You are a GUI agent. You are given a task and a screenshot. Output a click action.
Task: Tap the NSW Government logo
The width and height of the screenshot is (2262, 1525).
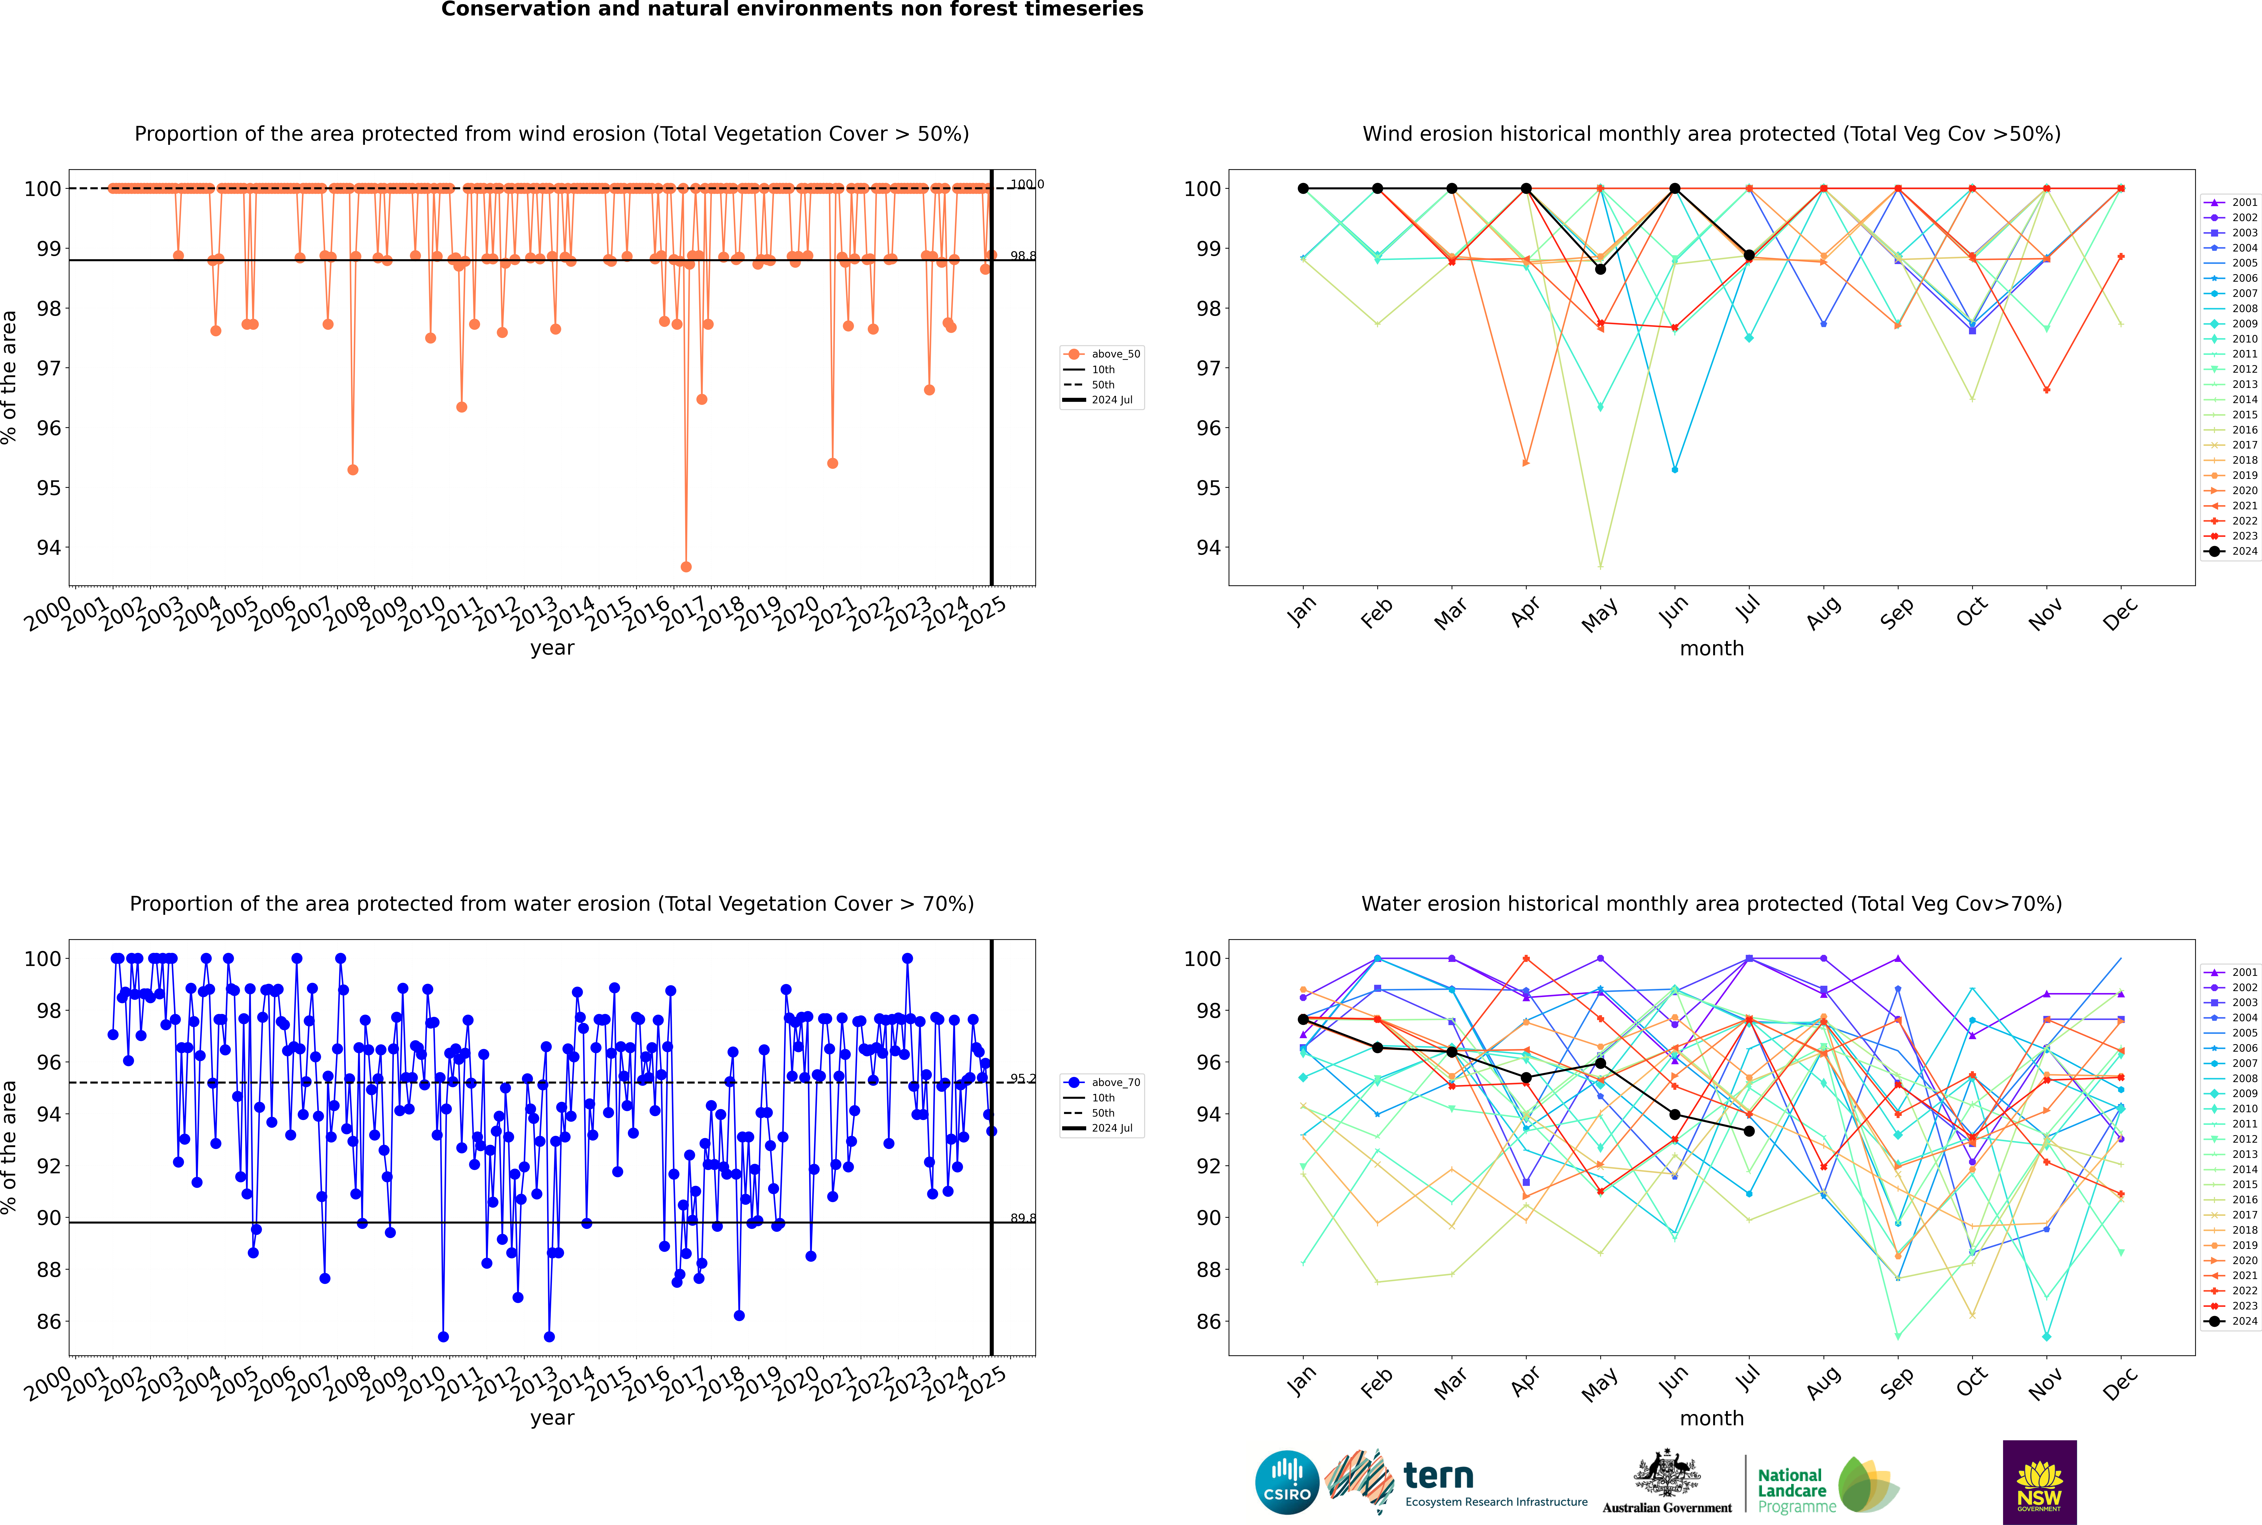click(2039, 1482)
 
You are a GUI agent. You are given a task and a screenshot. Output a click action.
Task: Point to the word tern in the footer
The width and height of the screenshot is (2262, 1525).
click(1438, 1476)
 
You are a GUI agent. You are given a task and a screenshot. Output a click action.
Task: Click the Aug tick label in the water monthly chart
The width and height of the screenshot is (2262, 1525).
click(1824, 1381)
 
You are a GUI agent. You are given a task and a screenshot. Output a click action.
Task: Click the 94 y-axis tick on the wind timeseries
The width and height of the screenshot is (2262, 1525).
click(49, 548)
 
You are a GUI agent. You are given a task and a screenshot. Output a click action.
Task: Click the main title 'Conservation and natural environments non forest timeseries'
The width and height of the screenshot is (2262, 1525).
click(792, 10)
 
